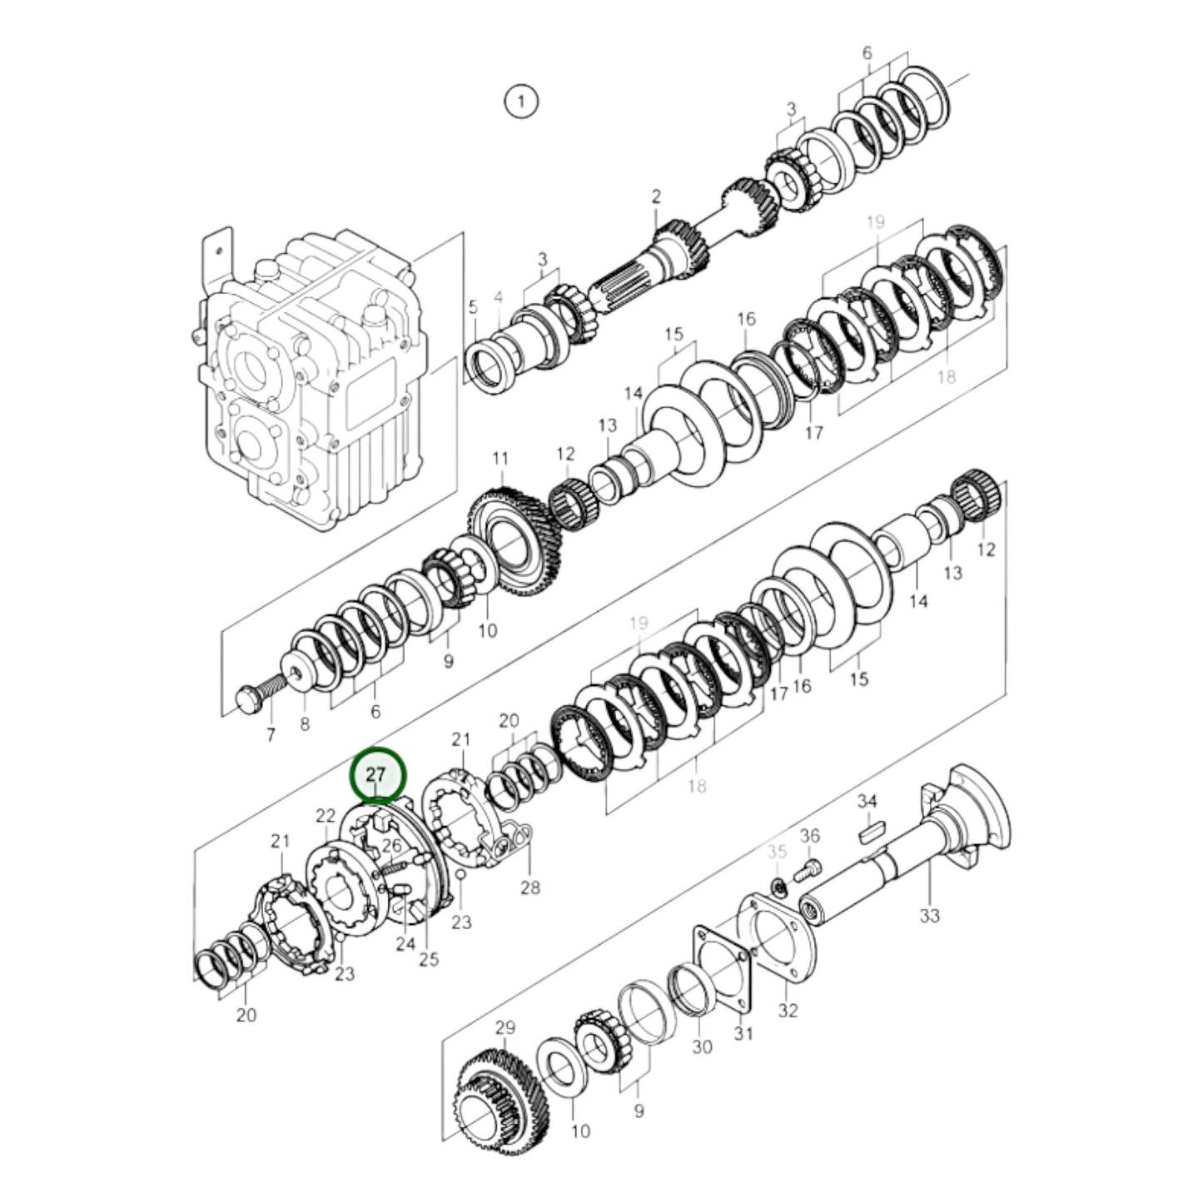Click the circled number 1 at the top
(521, 102)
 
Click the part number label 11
(500, 459)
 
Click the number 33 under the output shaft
(929, 915)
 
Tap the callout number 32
(788, 1010)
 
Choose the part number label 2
(656, 196)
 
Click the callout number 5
(472, 307)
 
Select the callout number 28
(530, 887)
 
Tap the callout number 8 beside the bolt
(305, 724)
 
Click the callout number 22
(326, 814)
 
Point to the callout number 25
(428, 959)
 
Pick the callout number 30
(702, 1046)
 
